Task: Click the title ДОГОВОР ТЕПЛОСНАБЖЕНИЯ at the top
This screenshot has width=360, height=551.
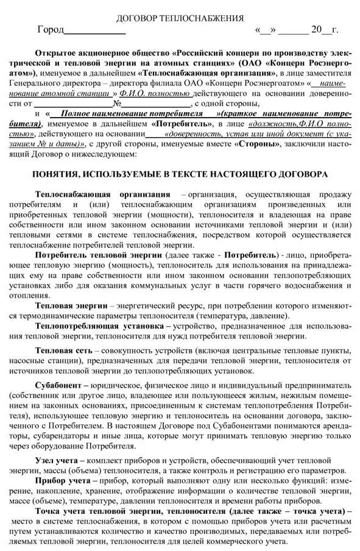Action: pyautogui.click(x=180, y=18)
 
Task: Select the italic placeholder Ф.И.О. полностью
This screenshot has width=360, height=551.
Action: pyautogui.click(x=160, y=93)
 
